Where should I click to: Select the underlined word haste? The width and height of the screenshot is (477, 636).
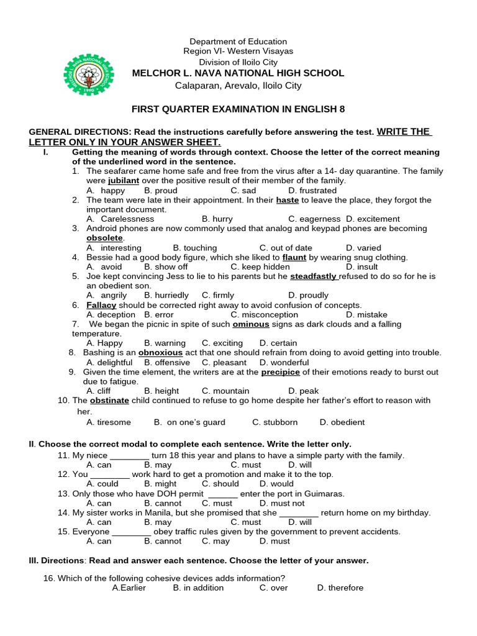[288, 200]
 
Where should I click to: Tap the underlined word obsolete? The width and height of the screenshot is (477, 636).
[104, 238]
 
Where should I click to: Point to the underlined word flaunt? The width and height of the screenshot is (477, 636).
[294, 257]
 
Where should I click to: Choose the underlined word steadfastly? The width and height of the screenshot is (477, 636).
[314, 276]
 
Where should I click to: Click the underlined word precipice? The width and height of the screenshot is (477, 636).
[281, 372]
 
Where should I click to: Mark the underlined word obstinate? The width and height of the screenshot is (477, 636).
[109, 401]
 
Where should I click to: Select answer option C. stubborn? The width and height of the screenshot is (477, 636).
[275, 422]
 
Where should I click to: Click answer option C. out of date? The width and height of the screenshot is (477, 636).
[286, 248]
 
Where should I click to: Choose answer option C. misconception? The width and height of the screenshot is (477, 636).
[265, 315]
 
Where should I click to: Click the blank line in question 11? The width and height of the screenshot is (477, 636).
[130, 455]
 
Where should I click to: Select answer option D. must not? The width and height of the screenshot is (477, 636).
[282, 503]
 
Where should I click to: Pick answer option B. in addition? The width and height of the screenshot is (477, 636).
[198, 588]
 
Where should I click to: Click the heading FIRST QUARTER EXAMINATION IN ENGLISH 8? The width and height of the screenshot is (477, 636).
[238, 109]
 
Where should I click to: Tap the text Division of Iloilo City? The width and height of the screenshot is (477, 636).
[238, 62]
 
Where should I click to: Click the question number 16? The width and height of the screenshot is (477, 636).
[49, 578]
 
